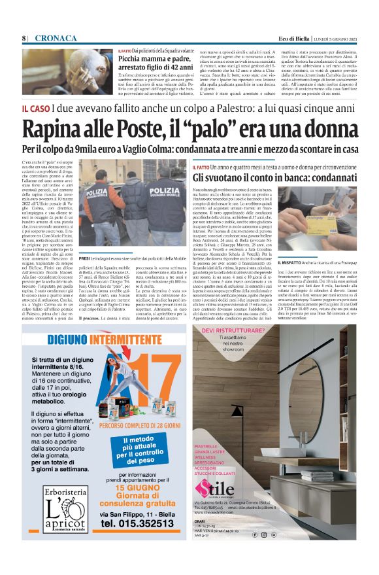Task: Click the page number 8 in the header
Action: click(24, 39)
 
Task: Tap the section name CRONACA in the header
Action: click(56, 39)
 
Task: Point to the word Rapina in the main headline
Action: click(58, 130)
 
